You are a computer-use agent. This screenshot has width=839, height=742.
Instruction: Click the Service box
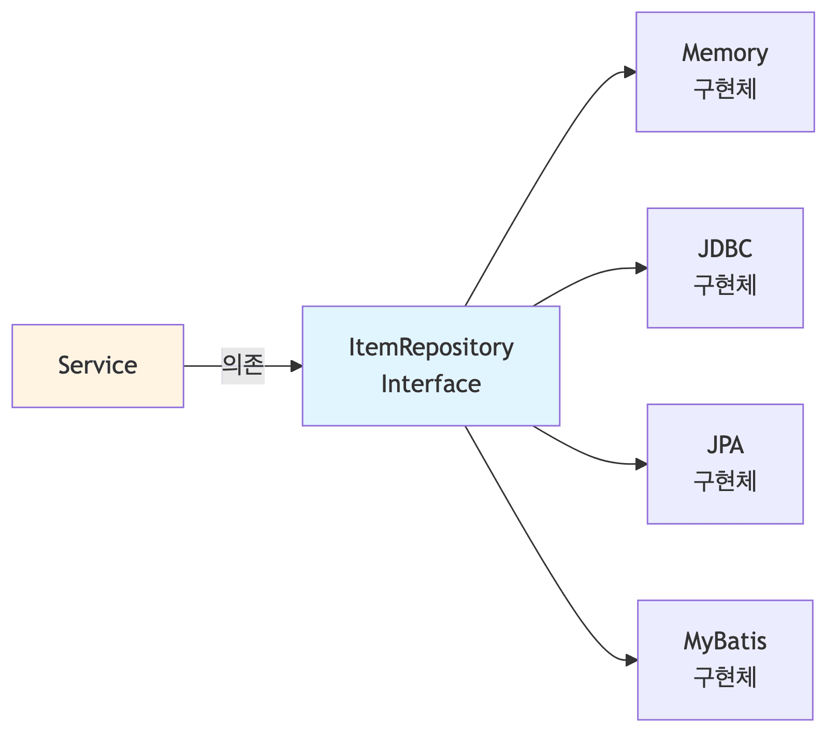[x=97, y=366]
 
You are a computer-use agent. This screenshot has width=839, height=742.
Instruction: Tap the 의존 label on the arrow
[x=243, y=366]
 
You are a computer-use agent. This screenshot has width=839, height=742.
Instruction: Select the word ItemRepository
[x=431, y=347]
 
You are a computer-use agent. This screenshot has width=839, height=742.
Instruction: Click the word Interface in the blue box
[x=431, y=384]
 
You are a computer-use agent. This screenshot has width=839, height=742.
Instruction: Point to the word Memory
[x=725, y=53]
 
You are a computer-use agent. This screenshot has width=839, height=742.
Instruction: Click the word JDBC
[x=725, y=249]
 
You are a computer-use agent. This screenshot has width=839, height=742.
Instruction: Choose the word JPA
[x=725, y=445]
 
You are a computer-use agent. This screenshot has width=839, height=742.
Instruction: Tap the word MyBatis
[x=725, y=641]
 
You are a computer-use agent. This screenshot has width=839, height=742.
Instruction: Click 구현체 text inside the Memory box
[x=725, y=89]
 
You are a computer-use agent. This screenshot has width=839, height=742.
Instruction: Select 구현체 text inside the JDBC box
[x=725, y=285]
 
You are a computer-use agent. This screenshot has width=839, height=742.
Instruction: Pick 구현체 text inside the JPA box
[x=725, y=481]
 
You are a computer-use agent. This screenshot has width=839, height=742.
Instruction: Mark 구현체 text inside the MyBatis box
[x=725, y=677]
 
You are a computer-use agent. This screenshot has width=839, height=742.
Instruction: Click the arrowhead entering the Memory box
[x=630, y=72]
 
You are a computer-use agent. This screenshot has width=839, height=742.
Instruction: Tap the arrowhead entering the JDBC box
[x=641, y=268]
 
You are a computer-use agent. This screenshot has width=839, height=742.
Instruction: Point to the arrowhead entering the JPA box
[x=641, y=464]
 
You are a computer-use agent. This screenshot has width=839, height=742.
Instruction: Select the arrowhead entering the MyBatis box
[x=631, y=660]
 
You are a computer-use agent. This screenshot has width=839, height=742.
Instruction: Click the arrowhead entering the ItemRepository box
[x=296, y=366]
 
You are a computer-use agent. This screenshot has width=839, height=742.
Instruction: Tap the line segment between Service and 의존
[x=202, y=366]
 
